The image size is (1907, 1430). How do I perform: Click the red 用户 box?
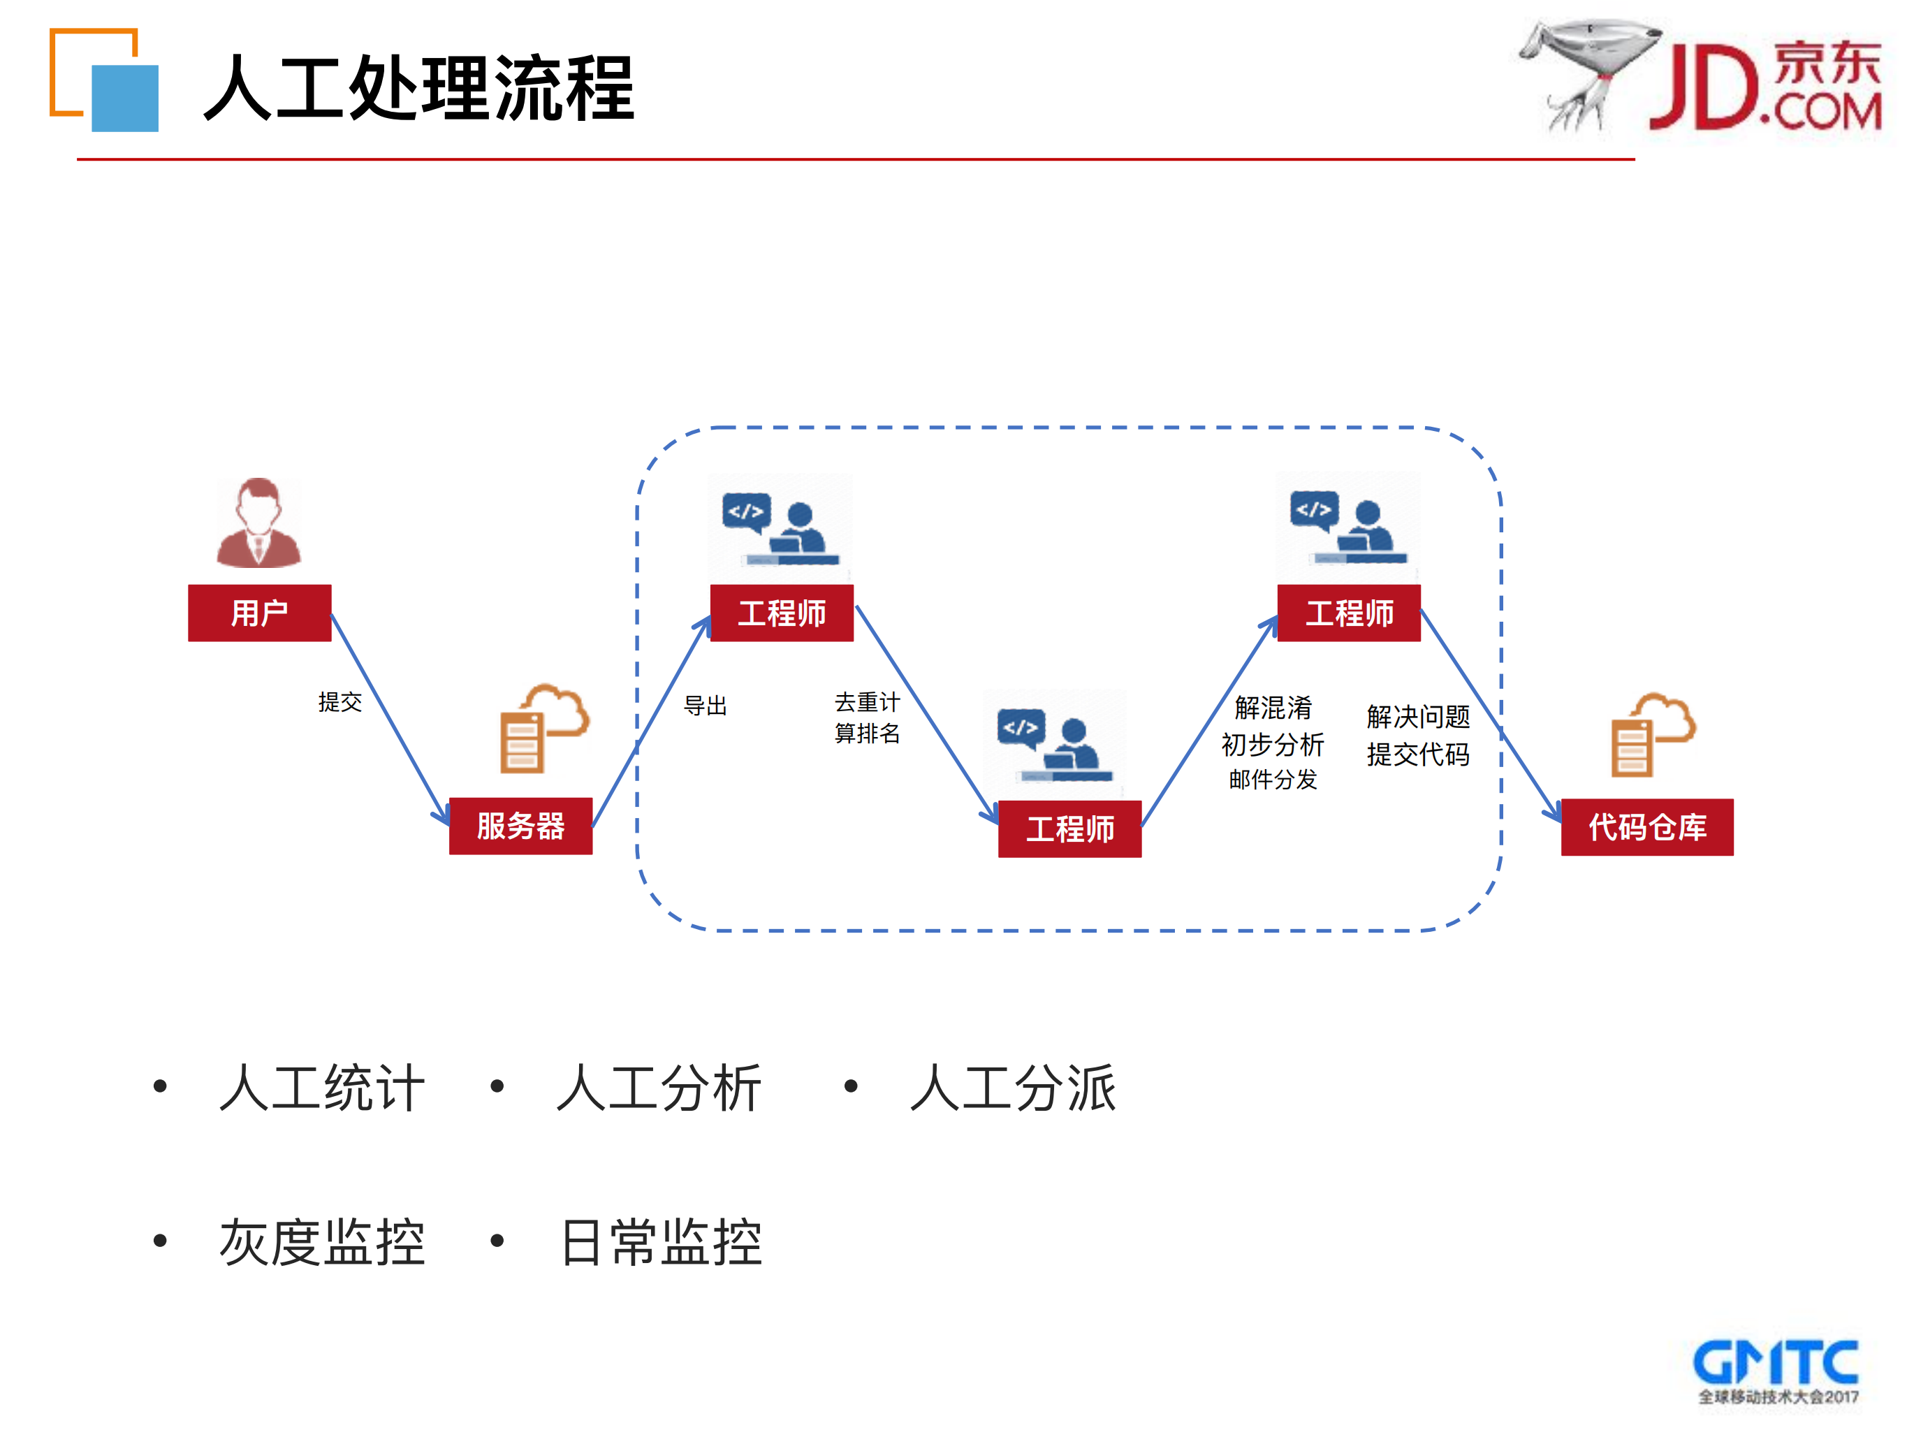(x=259, y=613)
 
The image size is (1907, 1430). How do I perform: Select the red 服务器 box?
(x=520, y=826)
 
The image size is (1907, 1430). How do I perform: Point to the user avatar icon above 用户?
(x=258, y=523)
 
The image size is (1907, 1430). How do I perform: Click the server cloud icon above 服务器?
(x=543, y=729)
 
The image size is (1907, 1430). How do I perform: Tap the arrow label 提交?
(x=339, y=701)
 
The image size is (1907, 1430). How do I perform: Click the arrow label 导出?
(x=706, y=705)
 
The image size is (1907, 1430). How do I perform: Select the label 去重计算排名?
(x=868, y=717)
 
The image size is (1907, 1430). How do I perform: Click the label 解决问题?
(x=1417, y=716)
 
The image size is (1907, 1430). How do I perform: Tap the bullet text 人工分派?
(x=1014, y=1088)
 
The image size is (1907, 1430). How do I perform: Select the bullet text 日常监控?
(x=662, y=1242)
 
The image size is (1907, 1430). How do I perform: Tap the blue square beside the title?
(x=125, y=99)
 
